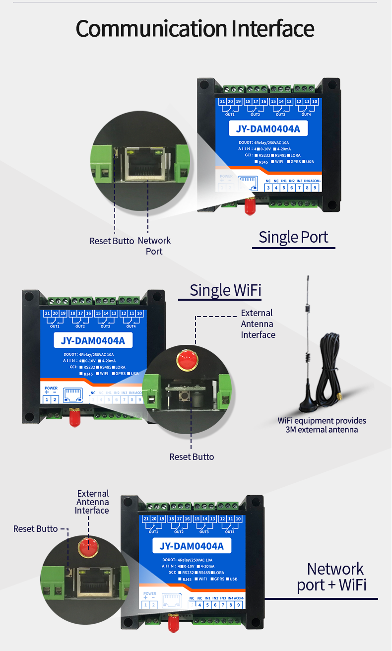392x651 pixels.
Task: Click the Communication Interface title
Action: pyautogui.click(x=195, y=28)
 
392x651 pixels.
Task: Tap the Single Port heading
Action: pyautogui.click(x=293, y=237)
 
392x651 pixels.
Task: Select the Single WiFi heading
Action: pyautogui.click(x=225, y=290)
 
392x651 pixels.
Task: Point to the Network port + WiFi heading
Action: pyautogui.click(x=332, y=576)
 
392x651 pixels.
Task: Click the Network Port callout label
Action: pyautogui.click(x=154, y=246)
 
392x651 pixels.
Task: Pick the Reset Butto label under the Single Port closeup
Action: pyautogui.click(x=112, y=241)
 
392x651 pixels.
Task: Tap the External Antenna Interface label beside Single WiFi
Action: pyautogui.click(x=258, y=324)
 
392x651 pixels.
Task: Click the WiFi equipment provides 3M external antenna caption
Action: pyautogui.click(x=322, y=425)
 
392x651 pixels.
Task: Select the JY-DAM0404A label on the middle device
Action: pyautogui.click(x=93, y=341)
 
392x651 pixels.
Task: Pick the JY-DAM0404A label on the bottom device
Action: pyautogui.click(x=192, y=546)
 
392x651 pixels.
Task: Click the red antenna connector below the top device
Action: pyautogui.click(x=250, y=205)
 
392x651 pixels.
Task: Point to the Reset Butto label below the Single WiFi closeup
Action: pyautogui.click(x=192, y=456)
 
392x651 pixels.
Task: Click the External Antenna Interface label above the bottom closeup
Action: pyautogui.click(x=93, y=502)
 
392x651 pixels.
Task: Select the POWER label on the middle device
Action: pyautogui.click(x=51, y=388)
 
